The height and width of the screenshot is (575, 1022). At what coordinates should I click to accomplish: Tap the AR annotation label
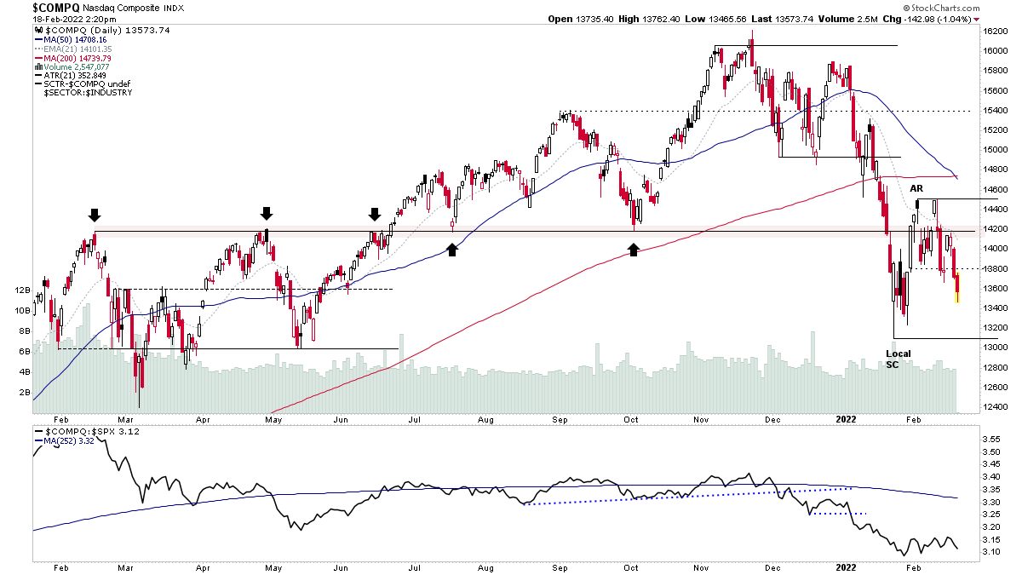[x=916, y=187]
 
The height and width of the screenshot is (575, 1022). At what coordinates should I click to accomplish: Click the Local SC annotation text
[x=898, y=359]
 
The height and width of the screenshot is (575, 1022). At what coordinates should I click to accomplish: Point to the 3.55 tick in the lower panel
[x=990, y=439]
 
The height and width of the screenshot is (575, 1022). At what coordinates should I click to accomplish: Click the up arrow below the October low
[x=634, y=249]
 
